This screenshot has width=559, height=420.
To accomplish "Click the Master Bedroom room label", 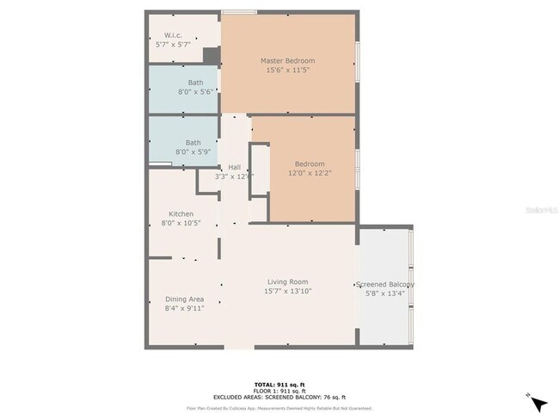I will [x=287, y=60].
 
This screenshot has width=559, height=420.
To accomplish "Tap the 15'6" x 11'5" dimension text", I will [x=287, y=71].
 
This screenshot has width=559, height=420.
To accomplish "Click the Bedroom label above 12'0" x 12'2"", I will [x=310, y=164].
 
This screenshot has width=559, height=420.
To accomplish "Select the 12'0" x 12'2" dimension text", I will [x=310, y=173].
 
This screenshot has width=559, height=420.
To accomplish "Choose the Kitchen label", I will [x=181, y=213].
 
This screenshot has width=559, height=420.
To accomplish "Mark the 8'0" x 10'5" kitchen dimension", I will [x=181, y=223].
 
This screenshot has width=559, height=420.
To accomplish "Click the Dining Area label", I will [x=184, y=299].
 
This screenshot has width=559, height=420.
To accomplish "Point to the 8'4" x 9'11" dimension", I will [x=184, y=308].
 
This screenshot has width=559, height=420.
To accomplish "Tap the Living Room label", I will [x=287, y=281].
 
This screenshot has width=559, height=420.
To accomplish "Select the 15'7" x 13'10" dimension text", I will [x=287, y=291].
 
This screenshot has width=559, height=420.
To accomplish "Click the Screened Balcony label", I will [x=385, y=284].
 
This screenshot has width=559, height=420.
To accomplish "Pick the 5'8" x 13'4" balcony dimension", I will [x=384, y=293].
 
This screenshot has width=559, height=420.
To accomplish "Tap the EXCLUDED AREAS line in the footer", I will [x=279, y=396].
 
